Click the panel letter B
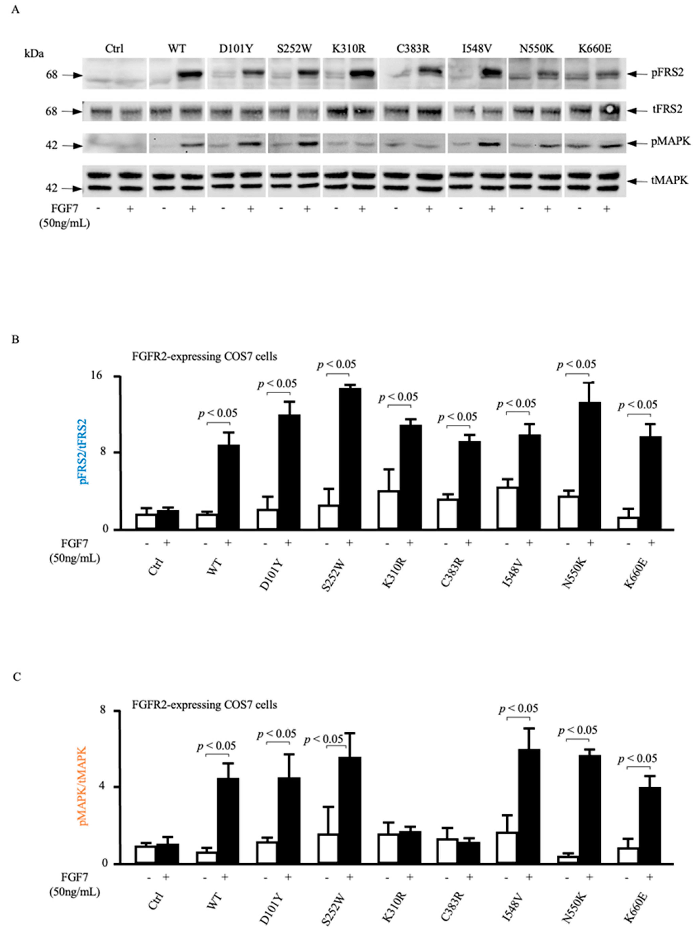15,340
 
